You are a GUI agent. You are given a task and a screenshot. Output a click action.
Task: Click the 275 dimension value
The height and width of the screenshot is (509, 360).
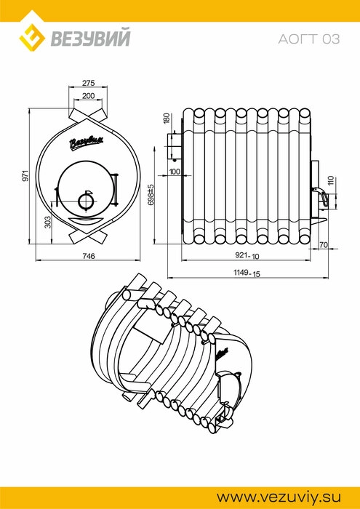(x=88, y=83)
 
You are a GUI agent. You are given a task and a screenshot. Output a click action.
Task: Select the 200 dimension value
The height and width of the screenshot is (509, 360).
(x=88, y=96)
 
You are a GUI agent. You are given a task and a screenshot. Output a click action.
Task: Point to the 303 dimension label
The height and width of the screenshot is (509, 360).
(x=48, y=222)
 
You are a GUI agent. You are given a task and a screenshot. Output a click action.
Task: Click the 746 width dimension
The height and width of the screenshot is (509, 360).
(x=88, y=256)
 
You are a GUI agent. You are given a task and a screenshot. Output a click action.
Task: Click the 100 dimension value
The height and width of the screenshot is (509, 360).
(x=175, y=172)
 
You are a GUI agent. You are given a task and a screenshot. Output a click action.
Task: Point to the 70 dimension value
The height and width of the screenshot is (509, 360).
(x=324, y=245)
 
